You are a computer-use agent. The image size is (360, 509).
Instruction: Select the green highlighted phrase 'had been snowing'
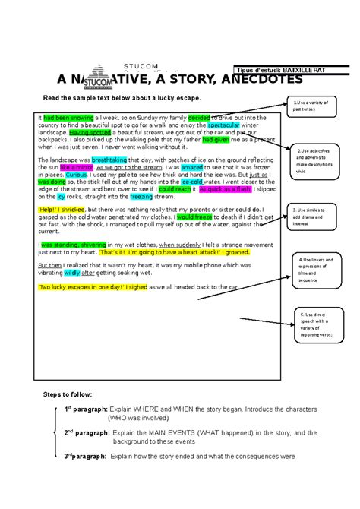[x=68, y=118]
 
